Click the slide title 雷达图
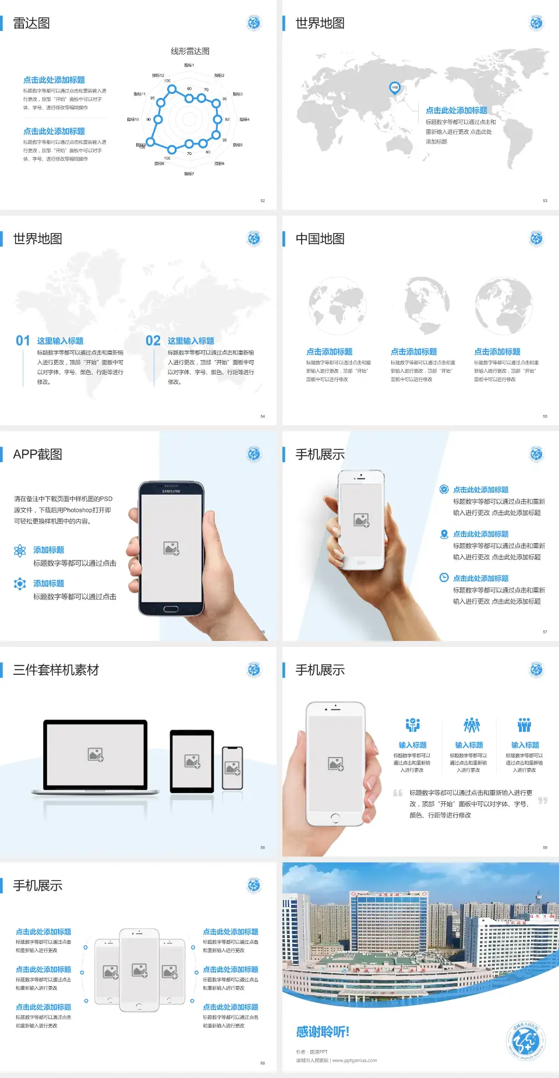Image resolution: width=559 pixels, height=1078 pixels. point(31,23)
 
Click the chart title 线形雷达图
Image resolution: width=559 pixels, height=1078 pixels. point(190,51)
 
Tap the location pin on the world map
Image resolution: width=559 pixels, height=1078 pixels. point(394,88)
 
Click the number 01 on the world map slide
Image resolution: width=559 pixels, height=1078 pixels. point(23,341)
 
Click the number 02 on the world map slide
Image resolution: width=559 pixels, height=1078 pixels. point(153,341)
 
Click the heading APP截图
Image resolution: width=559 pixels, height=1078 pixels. point(37,455)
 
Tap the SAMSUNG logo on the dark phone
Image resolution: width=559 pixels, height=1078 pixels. point(171,491)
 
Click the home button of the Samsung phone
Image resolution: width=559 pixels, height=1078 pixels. point(171,609)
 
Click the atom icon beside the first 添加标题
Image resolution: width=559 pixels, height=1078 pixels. point(20,551)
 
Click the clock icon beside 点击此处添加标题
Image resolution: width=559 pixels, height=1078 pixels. point(444,577)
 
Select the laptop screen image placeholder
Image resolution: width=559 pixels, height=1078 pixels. point(95,755)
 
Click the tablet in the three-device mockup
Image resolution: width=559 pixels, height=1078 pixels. point(192,761)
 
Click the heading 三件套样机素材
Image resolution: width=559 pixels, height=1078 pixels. point(56,670)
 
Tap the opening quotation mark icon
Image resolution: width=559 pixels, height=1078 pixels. point(398,793)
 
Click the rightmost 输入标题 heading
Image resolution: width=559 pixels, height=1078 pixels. point(525,745)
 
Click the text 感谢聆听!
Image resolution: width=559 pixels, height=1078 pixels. point(323,1032)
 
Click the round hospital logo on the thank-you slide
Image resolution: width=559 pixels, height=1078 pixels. point(525,1041)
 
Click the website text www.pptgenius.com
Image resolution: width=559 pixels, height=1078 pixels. point(354,1061)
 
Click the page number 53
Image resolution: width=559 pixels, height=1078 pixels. point(545,200)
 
